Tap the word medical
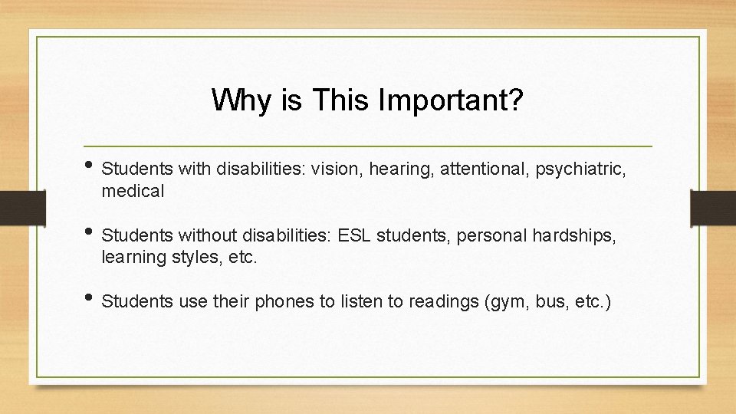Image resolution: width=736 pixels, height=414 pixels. pos(133,191)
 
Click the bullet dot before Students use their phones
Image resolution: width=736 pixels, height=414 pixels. pos(91,298)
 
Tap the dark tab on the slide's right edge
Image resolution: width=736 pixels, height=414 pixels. pos(712,207)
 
